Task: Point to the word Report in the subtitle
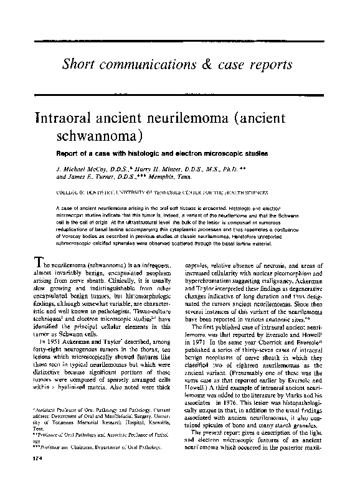click(69, 152)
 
